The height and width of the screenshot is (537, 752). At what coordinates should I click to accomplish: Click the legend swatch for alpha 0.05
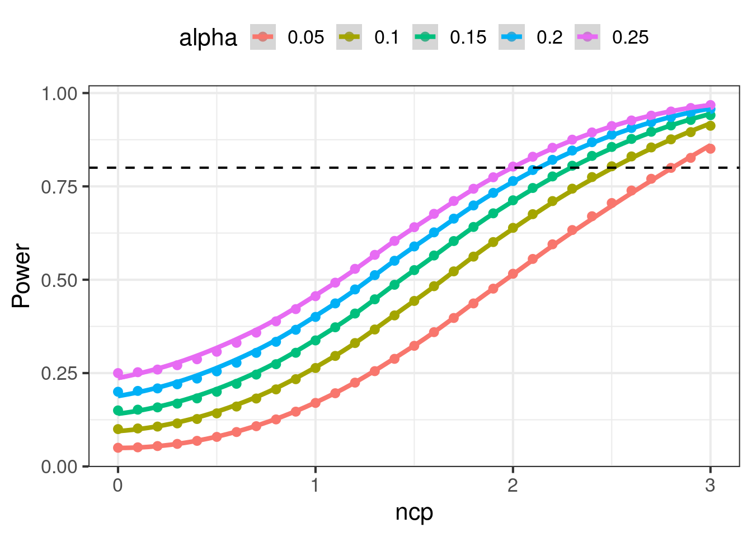tap(263, 37)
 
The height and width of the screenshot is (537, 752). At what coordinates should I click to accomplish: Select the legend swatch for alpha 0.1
tap(349, 37)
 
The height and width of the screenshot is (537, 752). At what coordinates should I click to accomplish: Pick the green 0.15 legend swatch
tap(425, 37)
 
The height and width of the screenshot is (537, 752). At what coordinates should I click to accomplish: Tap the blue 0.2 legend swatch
tap(511, 37)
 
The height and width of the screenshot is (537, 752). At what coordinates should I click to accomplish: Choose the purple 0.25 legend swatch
tap(587, 37)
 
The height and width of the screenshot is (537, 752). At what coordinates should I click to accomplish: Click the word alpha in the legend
tap(208, 38)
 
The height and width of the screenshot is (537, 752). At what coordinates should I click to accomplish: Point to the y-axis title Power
tap(21, 275)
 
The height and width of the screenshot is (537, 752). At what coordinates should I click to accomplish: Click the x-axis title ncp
tap(414, 512)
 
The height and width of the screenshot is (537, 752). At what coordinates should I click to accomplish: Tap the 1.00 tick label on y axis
tap(59, 93)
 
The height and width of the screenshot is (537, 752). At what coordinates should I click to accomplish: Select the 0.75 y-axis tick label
tap(59, 186)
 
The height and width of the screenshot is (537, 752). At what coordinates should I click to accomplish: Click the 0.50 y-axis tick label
tap(59, 280)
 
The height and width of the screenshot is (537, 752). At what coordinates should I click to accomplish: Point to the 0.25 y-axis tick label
tap(59, 373)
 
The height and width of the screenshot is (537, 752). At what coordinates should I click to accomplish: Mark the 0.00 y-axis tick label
tap(59, 467)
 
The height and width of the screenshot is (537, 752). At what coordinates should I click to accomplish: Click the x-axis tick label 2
tap(513, 485)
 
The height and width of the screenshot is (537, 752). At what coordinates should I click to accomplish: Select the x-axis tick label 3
tap(710, 485)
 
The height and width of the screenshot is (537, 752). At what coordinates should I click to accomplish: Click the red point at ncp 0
tap(118, 447)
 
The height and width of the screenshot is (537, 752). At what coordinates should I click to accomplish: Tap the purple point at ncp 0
tap(118, 373)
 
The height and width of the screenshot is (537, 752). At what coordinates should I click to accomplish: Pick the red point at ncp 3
tap(711, 148)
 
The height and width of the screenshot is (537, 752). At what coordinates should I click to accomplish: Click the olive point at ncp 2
tap(513, 228)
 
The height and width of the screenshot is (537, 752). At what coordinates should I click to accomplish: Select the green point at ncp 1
tap(316, 340)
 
